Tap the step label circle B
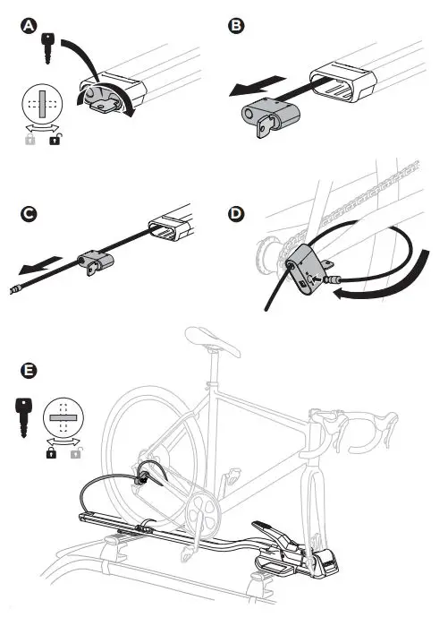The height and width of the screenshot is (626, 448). point(236,28)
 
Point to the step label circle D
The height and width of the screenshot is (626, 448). point(236,216)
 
